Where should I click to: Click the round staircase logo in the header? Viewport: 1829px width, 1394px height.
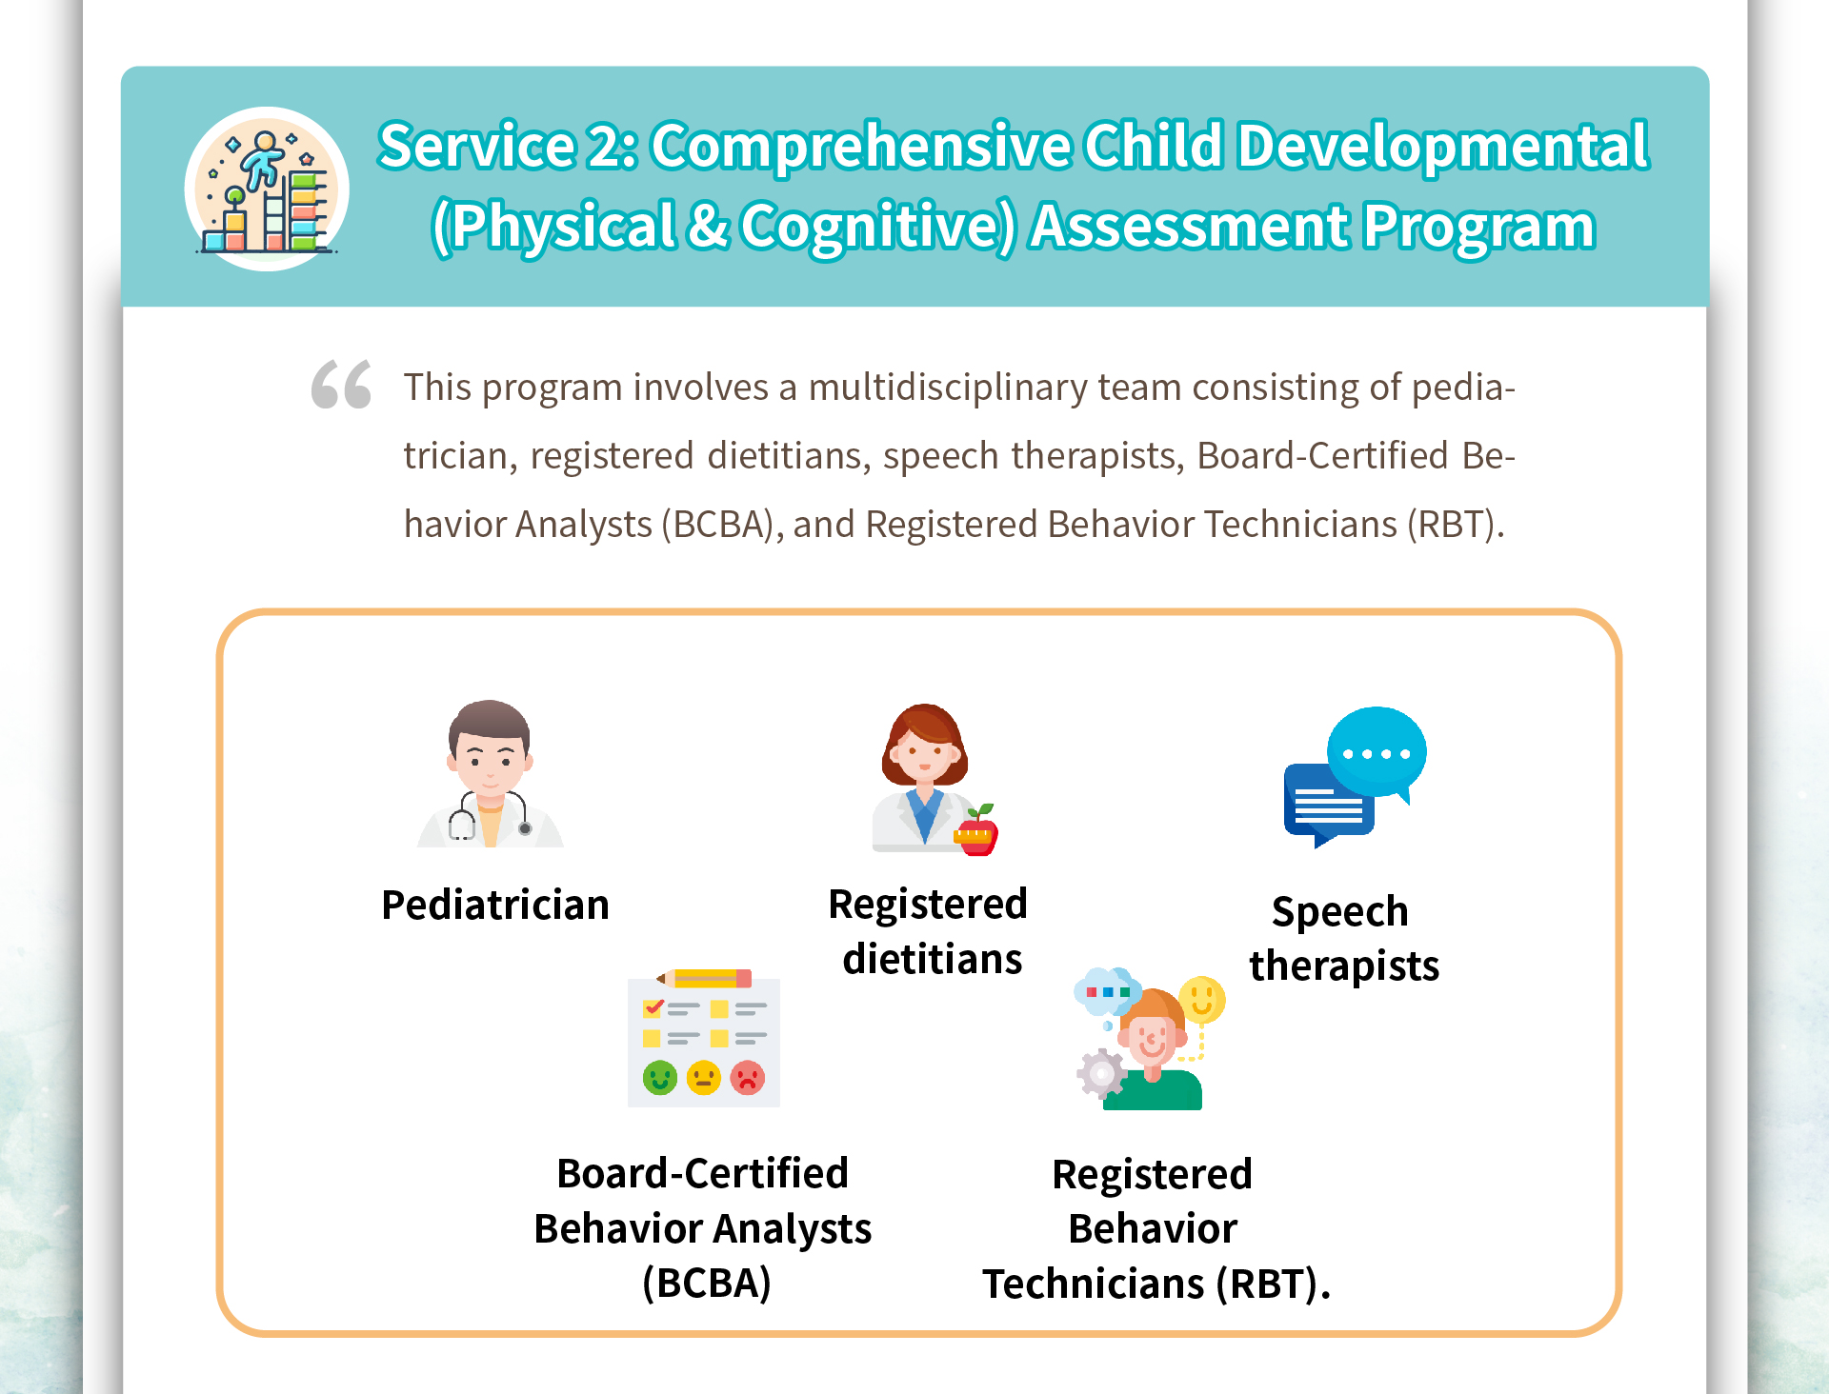(x=267, y=189)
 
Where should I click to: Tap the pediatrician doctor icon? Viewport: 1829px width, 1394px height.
(x=490, y=773)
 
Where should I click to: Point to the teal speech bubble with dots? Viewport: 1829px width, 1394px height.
(x=1377, y=752)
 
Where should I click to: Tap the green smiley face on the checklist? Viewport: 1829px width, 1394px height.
(x=659, y=1078)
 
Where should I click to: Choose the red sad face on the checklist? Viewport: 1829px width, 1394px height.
(x=748, y=1078)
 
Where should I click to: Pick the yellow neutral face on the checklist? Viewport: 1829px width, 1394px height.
(x=704, y=1078)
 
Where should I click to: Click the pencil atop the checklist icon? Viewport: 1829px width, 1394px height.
(x=704, y=978)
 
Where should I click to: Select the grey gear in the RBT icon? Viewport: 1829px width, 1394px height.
(x=1101, y=1074)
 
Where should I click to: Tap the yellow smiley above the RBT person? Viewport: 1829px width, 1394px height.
(x=1202, y=1000)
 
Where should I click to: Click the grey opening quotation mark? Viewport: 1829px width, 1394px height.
(x=341, y=385)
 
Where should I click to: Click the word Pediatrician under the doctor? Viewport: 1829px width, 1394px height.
(x=495, y=905)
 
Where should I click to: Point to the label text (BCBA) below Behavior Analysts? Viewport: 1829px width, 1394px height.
(x=706, y=1283)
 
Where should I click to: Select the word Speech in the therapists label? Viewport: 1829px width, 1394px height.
(x=1340, y=912)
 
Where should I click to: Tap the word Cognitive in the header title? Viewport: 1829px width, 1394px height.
(x=877, y=227)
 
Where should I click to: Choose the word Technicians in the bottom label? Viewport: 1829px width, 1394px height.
(x=1094, y=1284)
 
